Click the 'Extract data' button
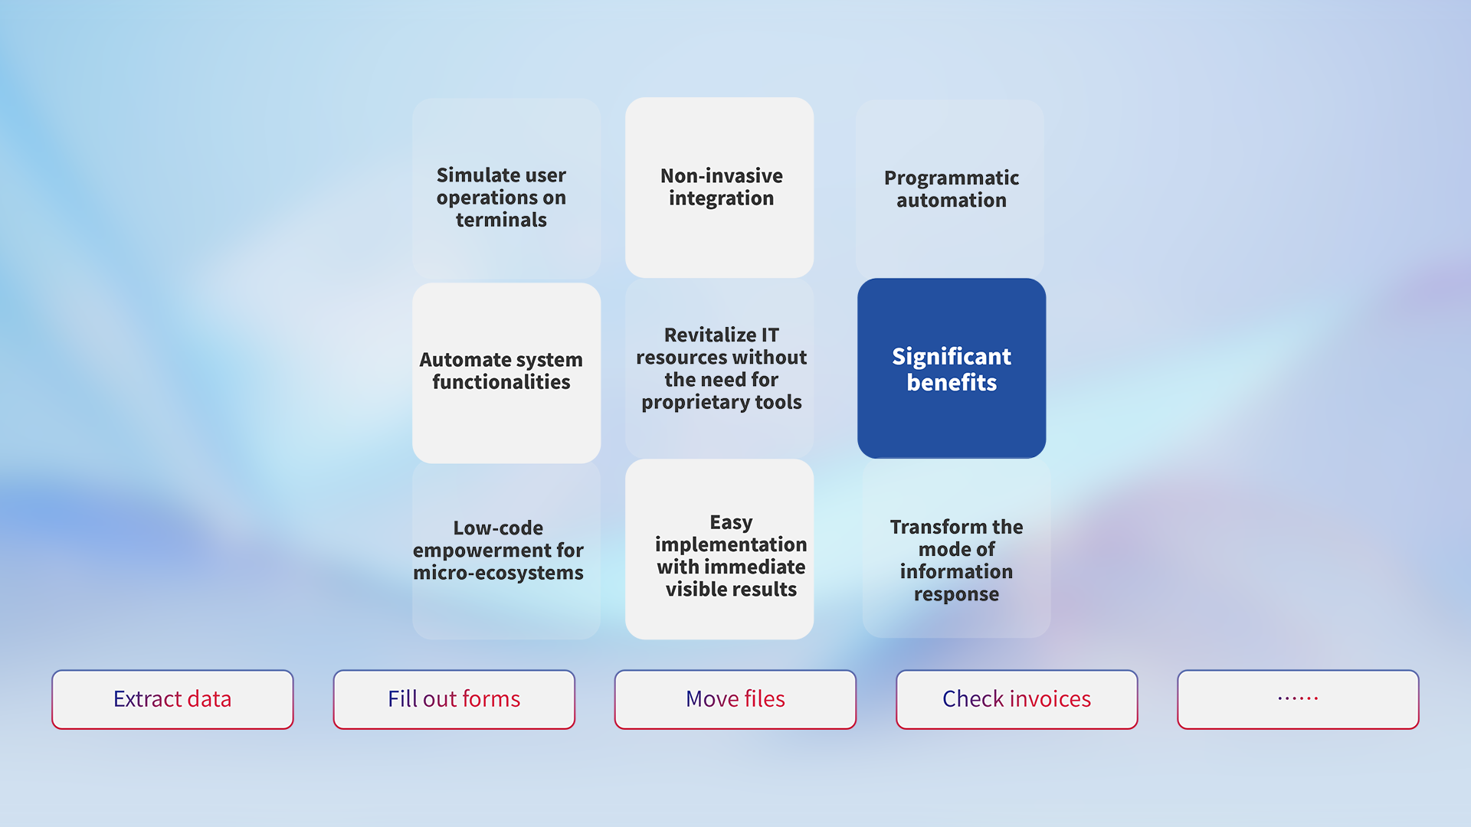click(x=172, y=699)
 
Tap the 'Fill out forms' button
click(x=454, y=699)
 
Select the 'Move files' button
click(x=735, y=699)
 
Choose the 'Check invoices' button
click(x=1017, y=699)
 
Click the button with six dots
click(x=1298, y=699)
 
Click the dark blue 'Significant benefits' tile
click(x=952, y=368)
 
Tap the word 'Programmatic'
click(x=952, y=178)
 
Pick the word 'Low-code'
click(x=498, y=528)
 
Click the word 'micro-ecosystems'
click(x=498, y=573)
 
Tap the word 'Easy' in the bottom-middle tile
click(x=731, y=523)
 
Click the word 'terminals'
click(x=501, y=221)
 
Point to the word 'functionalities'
click(x=501, y=382)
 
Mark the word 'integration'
click(x=721, y=199)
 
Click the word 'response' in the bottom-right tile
click(x=956, y=595)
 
